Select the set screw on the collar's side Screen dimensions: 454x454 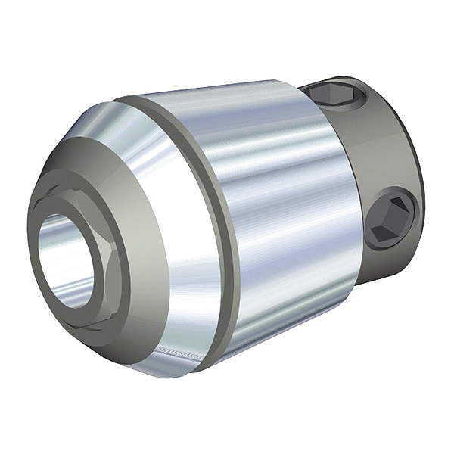point(390,219)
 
